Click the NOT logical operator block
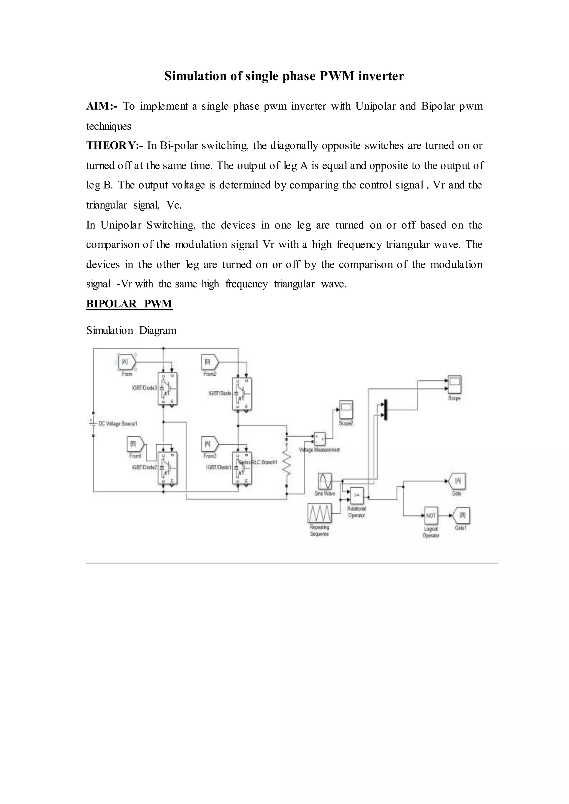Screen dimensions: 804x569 pos(431,516)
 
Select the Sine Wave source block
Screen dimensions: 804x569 pos(325,481)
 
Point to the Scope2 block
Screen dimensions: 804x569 pos(346,410)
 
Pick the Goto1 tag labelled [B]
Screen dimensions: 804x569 pos(461,516)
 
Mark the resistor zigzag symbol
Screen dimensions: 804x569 pos(287,463)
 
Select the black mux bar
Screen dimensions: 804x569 pos(385,410)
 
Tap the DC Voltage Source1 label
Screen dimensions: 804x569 pos(118,424)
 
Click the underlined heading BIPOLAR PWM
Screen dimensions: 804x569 pos(129,304)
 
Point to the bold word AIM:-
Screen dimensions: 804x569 pos(102,106)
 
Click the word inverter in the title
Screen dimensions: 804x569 pos(381,76)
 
